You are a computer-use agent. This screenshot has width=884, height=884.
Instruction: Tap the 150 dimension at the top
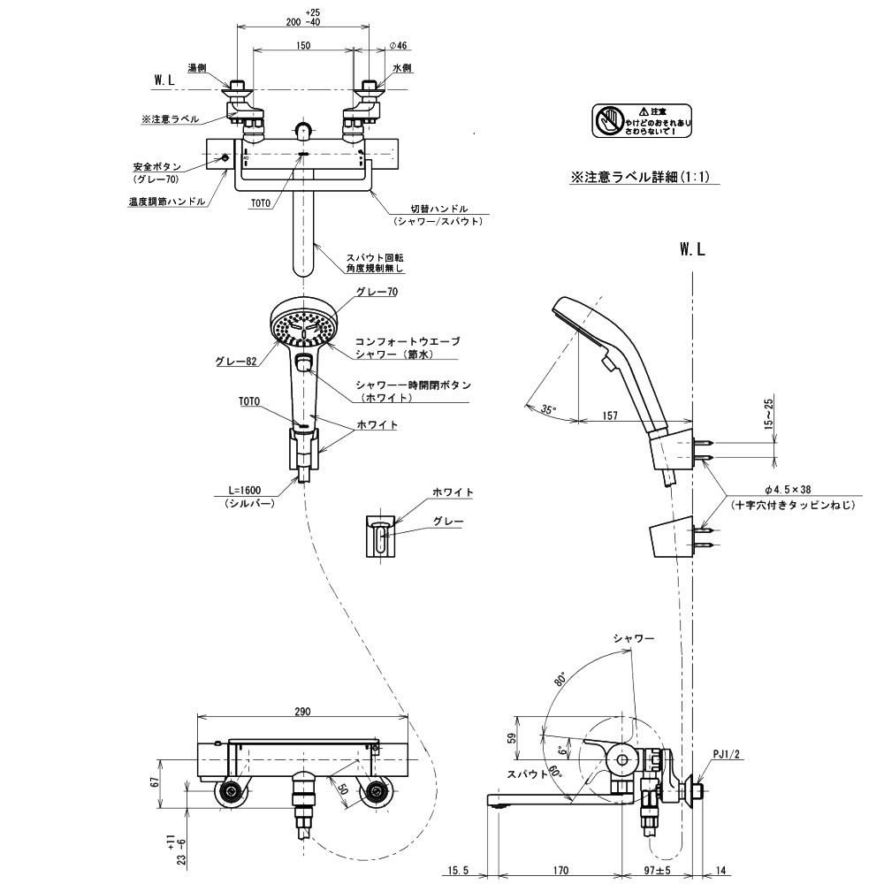pos(304,45)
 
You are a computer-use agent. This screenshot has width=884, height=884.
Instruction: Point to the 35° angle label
pos(549,409)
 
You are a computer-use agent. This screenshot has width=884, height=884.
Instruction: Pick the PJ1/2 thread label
pos(726,755)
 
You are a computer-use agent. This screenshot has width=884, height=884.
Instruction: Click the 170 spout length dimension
pos(560,871)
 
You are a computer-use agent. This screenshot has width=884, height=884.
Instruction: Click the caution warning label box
pos(642,121)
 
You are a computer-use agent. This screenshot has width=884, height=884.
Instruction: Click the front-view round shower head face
pos(303,325)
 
